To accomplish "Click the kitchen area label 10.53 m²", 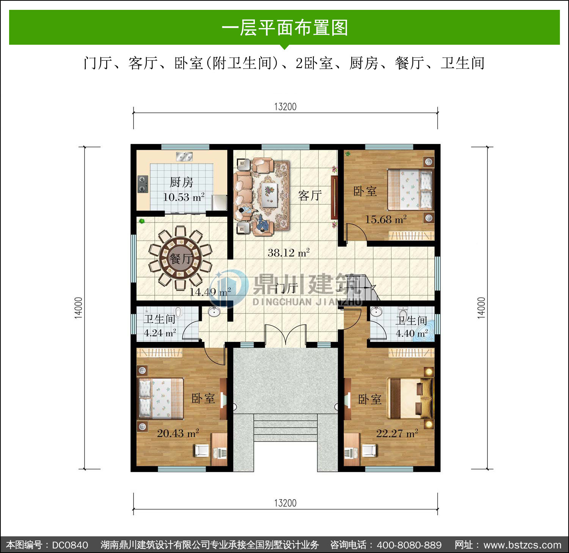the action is click(x=184, y=197).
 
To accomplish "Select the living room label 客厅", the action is click(x=310, y=196).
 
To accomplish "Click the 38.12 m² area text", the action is click(x=289, y=252).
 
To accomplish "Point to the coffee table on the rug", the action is click(x=270, y=195).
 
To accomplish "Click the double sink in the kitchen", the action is click(x=184, y=156).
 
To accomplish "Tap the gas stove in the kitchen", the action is click(x=143, y=184).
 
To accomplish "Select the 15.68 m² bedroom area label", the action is click(x=386, y=219).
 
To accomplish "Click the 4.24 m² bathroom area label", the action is click(x=160, y=333).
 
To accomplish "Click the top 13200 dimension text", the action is click(x=285, y=107).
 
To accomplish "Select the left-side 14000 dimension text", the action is click(x=78, y=308).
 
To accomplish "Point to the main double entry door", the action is click(x=285, y=335).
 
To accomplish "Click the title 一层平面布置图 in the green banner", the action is click(x=284, y=28).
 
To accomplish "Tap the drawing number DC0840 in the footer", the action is click(x=70, y=545).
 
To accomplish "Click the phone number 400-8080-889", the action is click(x=409, y=545).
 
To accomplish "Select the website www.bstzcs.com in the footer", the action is click(x=522, y=545).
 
